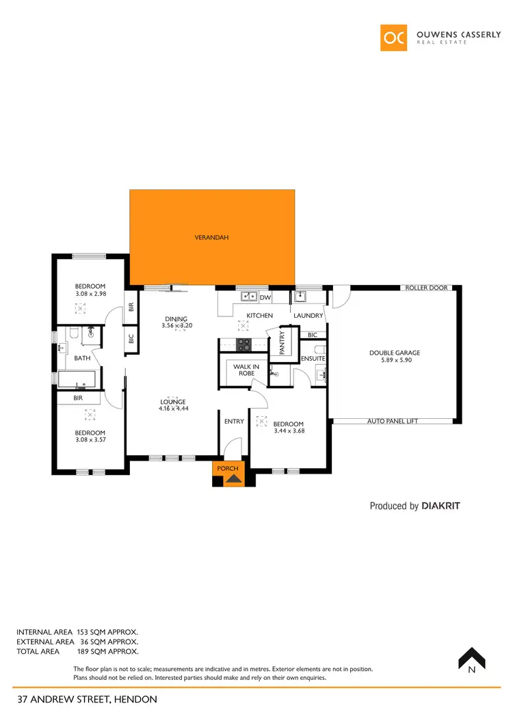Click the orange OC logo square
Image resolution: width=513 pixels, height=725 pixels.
pos(394,38)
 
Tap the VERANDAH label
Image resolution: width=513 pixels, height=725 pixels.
pos(211,238)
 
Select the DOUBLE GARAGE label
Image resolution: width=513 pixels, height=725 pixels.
pos(395,353)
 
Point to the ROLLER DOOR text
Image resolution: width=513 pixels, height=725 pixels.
pos(426,288)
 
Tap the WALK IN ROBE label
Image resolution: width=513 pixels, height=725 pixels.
pos(246,370)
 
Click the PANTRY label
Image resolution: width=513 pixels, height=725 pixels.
pos(282,342)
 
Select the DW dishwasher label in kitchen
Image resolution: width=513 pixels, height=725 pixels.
pos(266,297)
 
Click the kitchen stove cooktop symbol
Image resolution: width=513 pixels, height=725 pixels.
pos(244,345)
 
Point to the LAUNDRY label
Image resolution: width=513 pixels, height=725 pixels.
pos(308,316)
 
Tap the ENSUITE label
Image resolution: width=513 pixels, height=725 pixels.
pos(313,359)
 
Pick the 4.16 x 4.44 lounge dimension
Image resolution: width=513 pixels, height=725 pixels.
pos(172,409)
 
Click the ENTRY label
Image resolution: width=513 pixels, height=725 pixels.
pos(234,422)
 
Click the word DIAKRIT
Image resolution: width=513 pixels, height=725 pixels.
pos(441,506)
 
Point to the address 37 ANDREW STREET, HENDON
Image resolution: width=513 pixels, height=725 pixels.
pos(87,699)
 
